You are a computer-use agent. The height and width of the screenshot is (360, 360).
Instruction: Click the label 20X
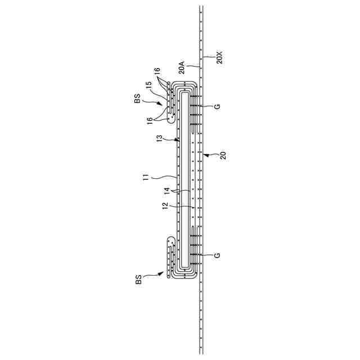tap(219, 57)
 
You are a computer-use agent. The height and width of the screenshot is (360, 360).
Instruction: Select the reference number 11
tap(146, 177)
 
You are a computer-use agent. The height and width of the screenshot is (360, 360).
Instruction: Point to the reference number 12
tap(165, 206)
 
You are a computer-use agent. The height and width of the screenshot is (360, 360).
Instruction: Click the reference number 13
tap(159, 138)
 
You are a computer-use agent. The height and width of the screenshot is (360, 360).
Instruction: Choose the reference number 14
tap(166, 191)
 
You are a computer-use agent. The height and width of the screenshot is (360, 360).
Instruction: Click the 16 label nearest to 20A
tap(157, 71)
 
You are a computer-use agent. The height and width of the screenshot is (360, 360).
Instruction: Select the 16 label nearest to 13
tap(150, 120)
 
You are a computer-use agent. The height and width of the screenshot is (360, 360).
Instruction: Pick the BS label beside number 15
tap(137, 99)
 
